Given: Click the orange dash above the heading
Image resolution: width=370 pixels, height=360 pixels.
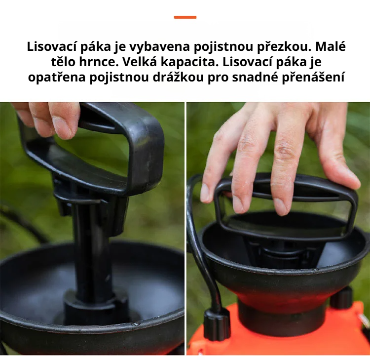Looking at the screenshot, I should coord(185,17).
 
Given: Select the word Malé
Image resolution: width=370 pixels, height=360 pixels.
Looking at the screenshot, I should coord(331,47).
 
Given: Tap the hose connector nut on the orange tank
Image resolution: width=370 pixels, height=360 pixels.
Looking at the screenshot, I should coord(217,323).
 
